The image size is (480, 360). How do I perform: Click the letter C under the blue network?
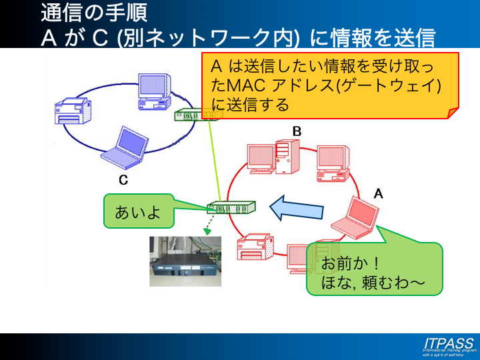pos(123,180)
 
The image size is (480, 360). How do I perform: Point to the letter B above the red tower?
pos(297,131)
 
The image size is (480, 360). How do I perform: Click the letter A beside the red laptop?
pos(378,193)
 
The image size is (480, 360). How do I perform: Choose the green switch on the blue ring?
pos(194,115)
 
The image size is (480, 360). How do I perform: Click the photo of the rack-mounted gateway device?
pos(185,261)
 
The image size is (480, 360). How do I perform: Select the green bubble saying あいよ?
pos(138,212)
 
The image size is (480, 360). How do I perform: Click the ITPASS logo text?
pos(447,343)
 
